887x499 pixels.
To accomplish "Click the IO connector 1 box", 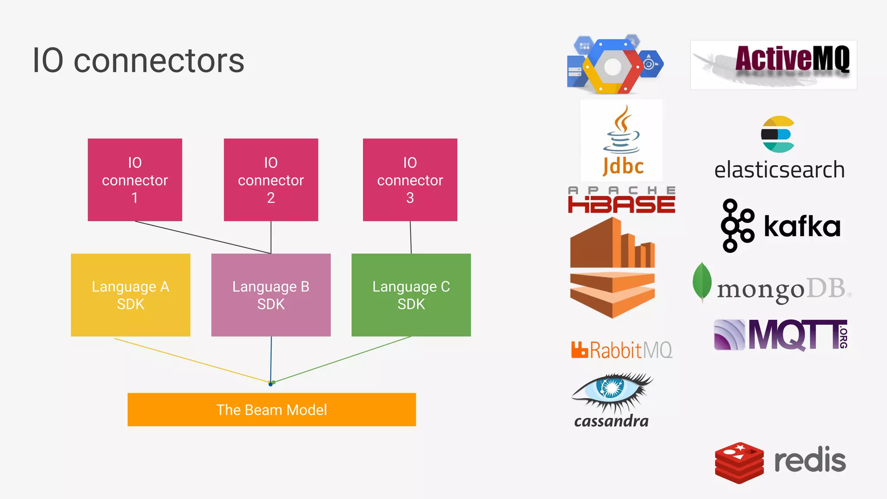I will point(135,180).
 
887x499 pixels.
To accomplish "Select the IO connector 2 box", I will point(271,180).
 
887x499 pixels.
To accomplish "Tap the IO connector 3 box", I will point(410,180).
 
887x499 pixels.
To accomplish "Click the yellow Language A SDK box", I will point(130,295).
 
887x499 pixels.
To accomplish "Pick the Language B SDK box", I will point(271,295).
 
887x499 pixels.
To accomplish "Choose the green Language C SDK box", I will point(411,295).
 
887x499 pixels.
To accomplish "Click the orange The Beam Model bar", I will point(272,409).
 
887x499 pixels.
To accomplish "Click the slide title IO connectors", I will point(139,61).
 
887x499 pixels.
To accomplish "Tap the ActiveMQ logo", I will point(774,65).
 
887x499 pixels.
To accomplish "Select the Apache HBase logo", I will point(622,201).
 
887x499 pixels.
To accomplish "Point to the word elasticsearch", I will point(779,170).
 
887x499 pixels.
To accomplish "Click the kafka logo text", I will point(802,226).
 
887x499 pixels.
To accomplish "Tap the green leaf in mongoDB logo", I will point(702,282).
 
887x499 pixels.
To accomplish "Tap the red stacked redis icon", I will point(739,463).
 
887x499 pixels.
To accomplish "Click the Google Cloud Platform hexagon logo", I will point(612,66).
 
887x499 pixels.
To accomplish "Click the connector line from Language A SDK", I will point(191,360).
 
